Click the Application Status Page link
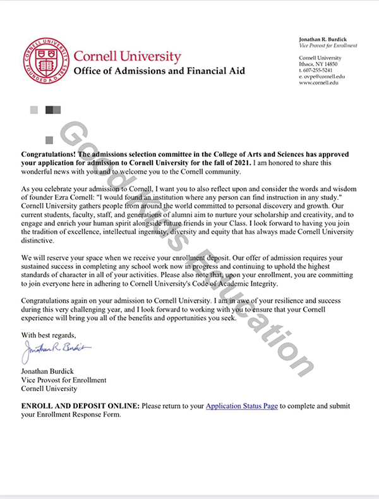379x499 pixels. point(242,406)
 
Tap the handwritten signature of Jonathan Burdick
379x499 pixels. point(57,347)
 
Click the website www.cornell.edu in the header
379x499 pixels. point(320,83)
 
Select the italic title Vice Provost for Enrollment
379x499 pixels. point(328,46)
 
